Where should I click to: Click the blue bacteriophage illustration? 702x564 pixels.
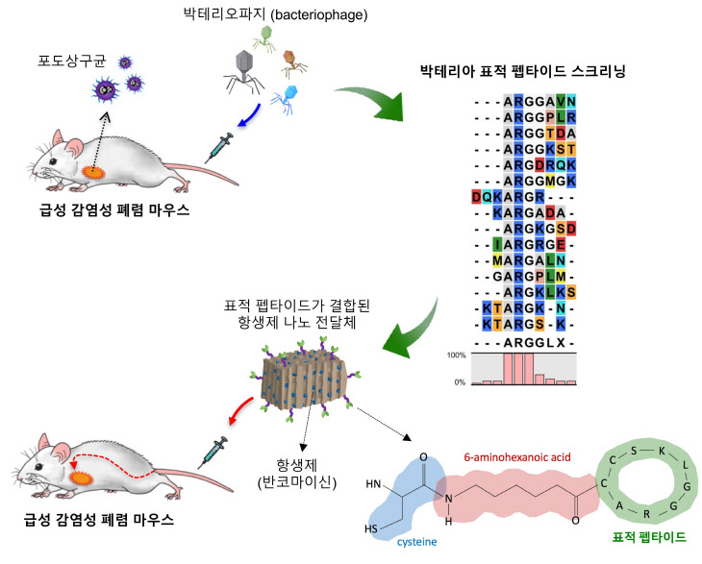click(285, 96)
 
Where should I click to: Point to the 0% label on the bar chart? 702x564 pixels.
click(461, 381)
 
